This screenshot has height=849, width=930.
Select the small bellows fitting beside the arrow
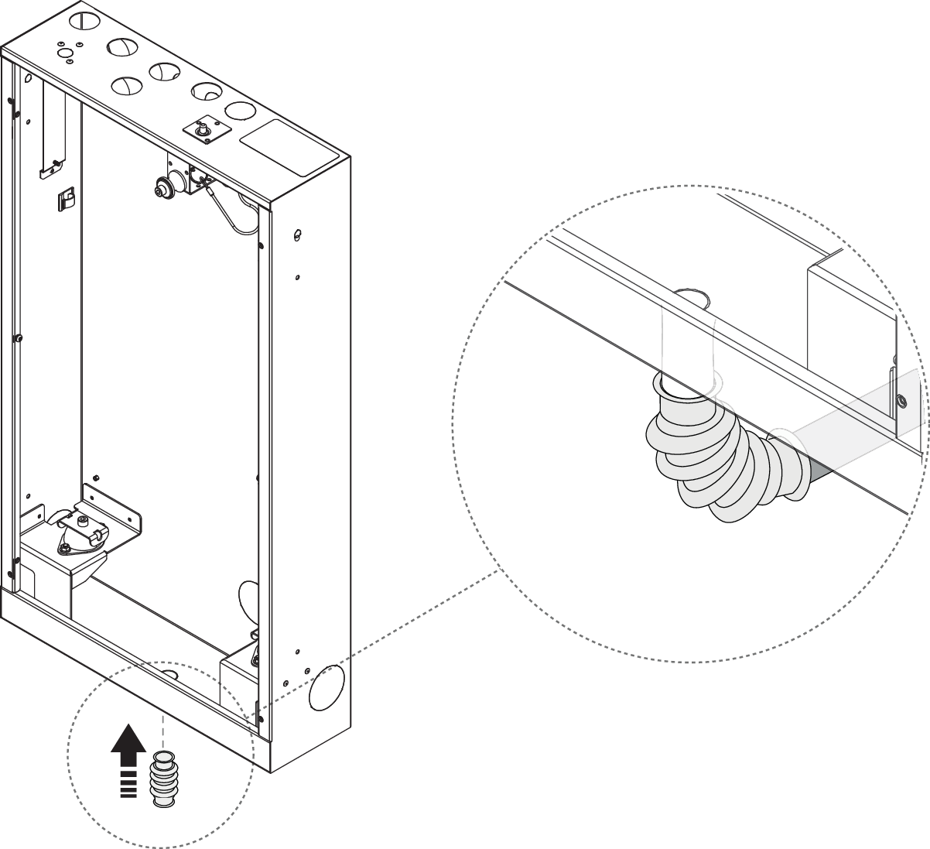point(162,782)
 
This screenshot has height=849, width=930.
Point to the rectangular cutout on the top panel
point(290,145)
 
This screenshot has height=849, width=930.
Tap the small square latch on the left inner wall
point(63,200)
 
